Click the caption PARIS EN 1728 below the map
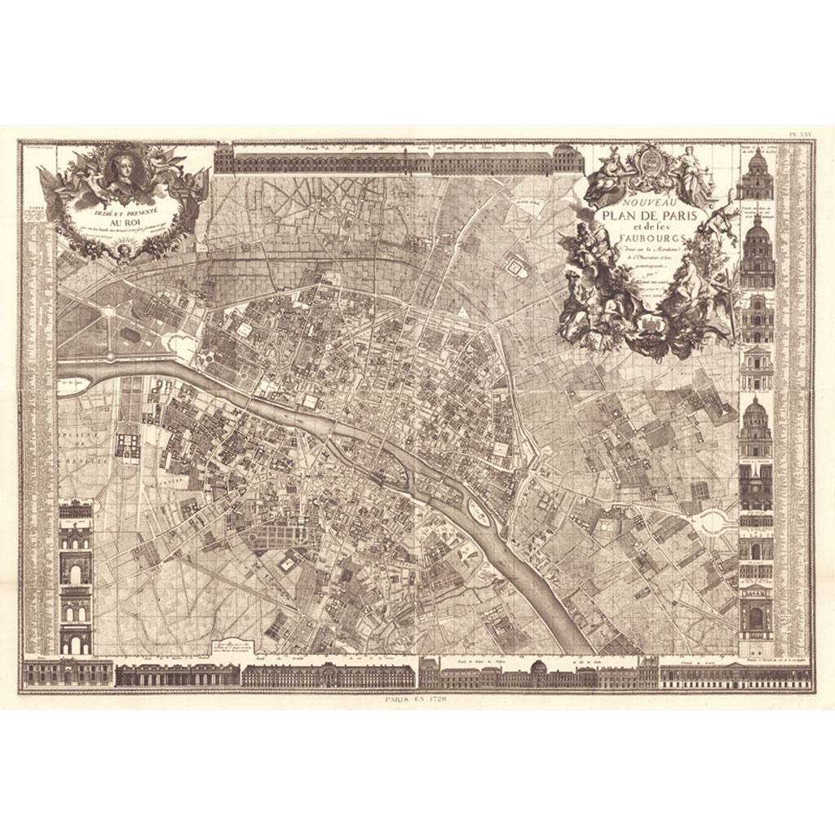417,700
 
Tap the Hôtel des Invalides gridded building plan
128,444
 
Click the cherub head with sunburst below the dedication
124,249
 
